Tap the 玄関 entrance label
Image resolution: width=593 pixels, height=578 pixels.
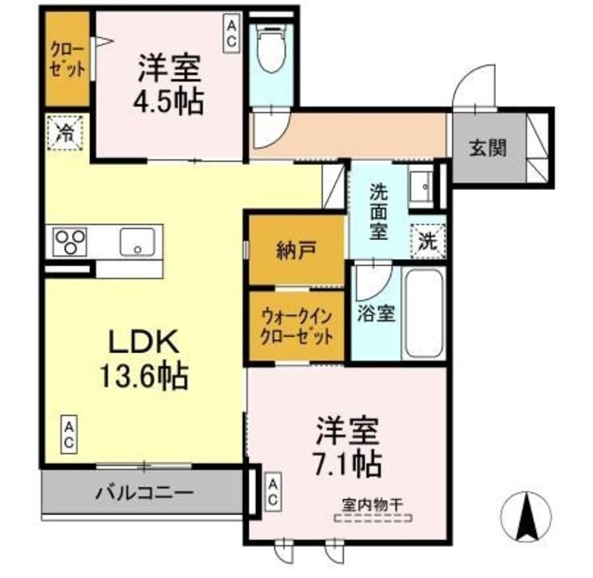tap(486, 148)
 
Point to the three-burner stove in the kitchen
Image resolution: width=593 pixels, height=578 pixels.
tap(69, 243)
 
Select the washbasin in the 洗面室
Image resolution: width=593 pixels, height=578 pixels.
tap(423, 185)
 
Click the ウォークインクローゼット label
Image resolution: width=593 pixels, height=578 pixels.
tap(296, 326)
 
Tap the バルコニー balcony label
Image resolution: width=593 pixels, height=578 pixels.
tap(144, 492)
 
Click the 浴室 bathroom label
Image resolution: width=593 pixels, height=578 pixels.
tap(377, 312)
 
